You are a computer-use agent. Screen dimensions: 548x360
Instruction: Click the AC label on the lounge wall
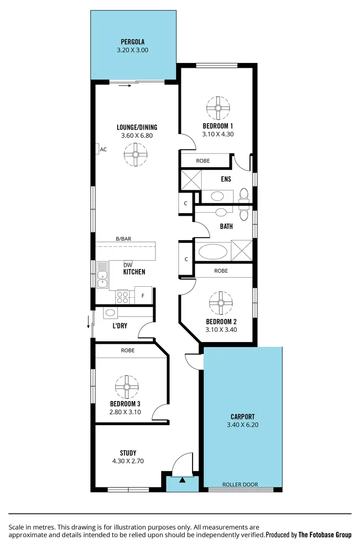tap(103, 149)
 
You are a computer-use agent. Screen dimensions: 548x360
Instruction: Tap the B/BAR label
tap(123, 239)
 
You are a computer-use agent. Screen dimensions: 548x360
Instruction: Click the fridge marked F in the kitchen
tap(143, 295)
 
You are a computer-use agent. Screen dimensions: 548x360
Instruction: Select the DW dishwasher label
tap(128, 265)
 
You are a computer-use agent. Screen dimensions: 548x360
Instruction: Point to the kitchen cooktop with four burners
tap(122, 296)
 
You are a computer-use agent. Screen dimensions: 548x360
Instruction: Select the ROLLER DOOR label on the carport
tap(240, 485)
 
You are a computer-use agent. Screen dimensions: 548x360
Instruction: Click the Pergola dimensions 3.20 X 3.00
tap(132, 49)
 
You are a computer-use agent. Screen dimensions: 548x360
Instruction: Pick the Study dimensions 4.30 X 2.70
tap(128, 461)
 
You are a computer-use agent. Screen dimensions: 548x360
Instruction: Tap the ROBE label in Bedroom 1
tap(203, 161)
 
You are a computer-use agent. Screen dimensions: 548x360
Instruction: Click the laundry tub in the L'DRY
tap(110, 313)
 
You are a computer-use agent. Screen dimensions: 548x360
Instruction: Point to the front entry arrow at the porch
tap(182, 479)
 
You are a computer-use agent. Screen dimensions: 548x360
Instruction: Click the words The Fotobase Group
tap(325, 534)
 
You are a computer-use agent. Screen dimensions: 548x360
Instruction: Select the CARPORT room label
tap(242, 417)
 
